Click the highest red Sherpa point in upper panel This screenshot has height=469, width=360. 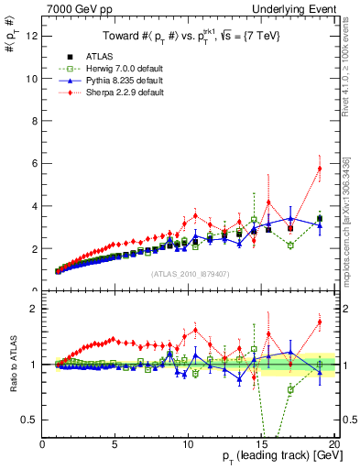[320, 169]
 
